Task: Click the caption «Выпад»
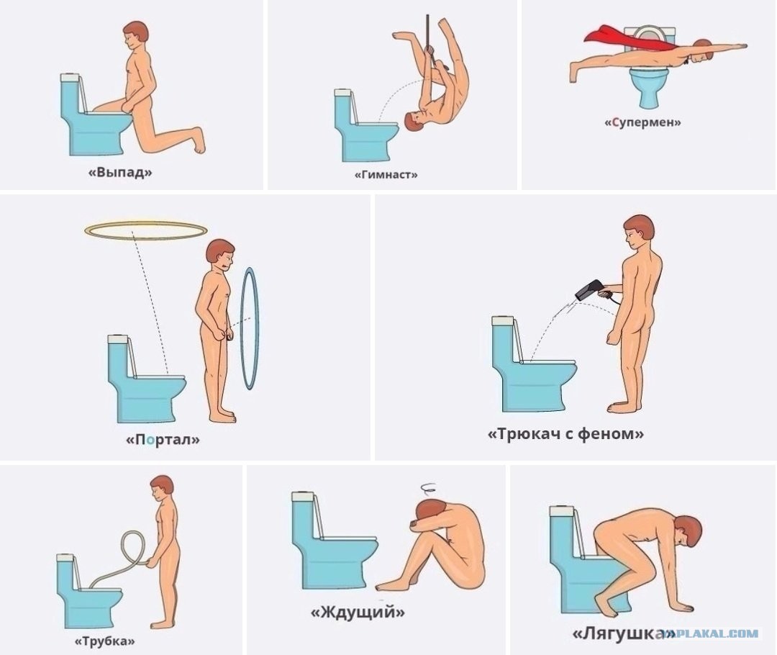(x=120, y=172)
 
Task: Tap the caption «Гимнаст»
(x=386, y=174)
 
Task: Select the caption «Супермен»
(x=642, y=122)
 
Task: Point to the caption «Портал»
(x=163, y=439)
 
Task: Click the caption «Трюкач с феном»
(x=566, y=434)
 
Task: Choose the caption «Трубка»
(x=104, y=641)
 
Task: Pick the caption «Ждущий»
(x=358, y=613)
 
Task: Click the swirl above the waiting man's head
(x=427, y=487)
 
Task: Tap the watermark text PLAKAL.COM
(x=717, y=633)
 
